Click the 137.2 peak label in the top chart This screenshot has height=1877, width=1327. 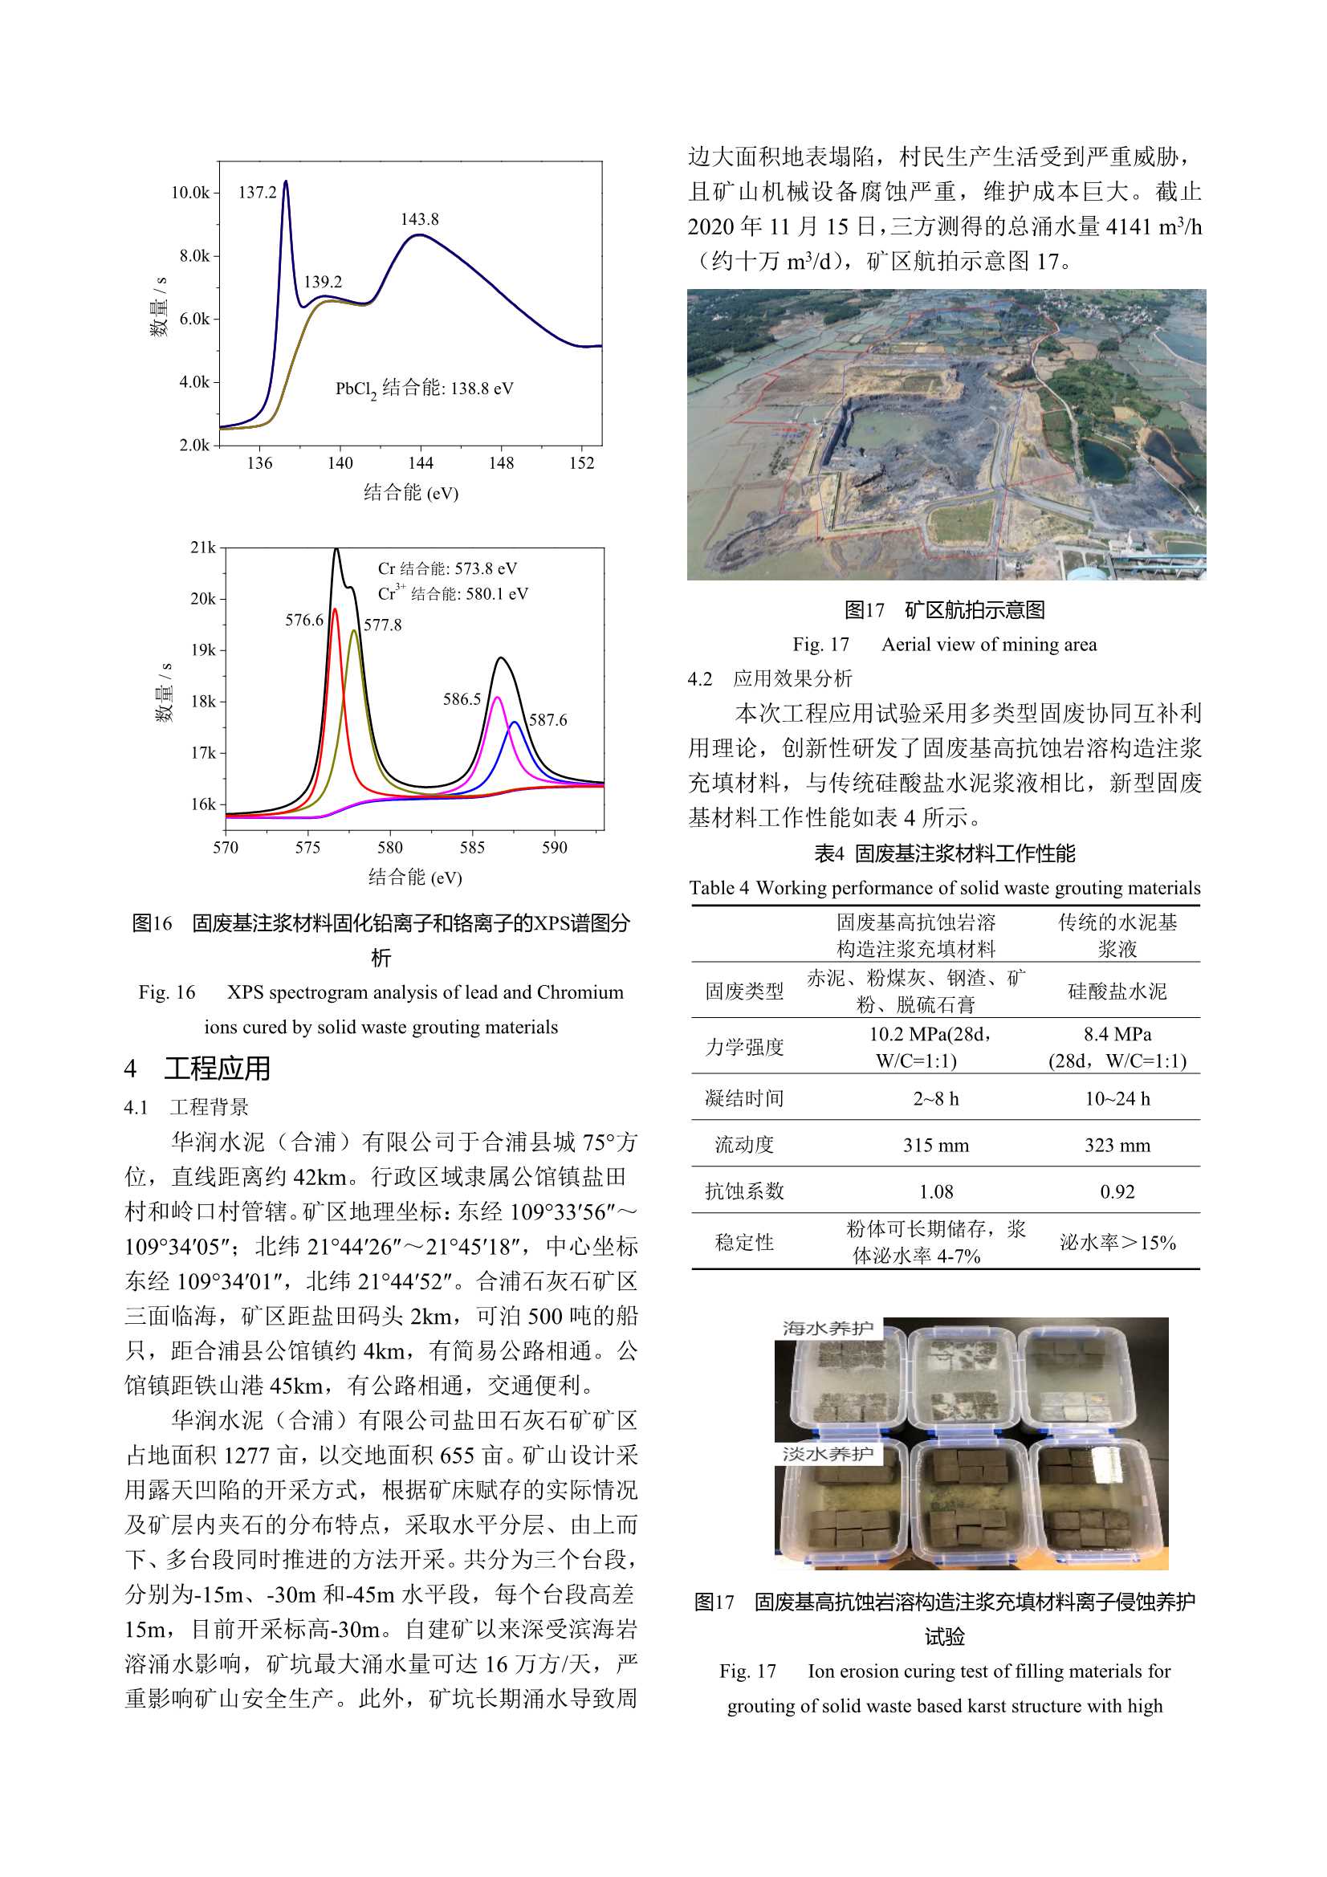(x=258, y=193)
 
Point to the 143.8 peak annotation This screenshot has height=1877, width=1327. (x=419, y=219)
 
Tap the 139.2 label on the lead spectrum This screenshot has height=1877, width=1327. (x=323, y=282)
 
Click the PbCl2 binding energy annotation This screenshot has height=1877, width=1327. (x=425, y=389)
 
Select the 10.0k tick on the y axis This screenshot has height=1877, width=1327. (x=189, y=193)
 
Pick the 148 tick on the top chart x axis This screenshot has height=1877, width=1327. (x=501, y=463)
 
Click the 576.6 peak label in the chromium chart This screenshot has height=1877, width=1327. (x=304, y=621)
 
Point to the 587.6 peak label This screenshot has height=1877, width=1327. (x=547, y=720)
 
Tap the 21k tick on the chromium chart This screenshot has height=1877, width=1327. (x=203, y=548)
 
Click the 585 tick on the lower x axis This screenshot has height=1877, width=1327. (x=473, y=848)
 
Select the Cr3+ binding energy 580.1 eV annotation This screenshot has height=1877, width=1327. (x=453, y=594)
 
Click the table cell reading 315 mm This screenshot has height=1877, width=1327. (x=935, y=1146)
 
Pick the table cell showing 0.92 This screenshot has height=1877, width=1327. (x=1117, y=1192)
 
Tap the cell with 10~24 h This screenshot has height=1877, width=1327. (x=1117, y=1099)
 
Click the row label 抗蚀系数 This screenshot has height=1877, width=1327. (x=744, y=1192)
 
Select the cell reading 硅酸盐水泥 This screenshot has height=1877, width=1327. (x=1117, y=991)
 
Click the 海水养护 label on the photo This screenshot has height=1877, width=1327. (x=828, y=1329)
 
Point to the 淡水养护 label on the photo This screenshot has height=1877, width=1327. (x=828, y=1455)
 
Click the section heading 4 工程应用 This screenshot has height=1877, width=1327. (x=197, y=1069)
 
